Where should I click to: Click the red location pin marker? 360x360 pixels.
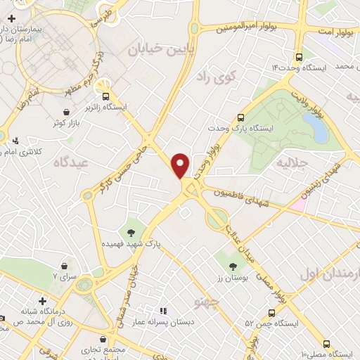[181, 165]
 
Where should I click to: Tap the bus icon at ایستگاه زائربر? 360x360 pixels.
[106, 96]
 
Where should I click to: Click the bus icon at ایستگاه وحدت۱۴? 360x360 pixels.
[299, 56]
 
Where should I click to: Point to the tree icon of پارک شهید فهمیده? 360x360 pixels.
[131, 231]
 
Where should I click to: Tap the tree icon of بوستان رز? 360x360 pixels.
[233, 266]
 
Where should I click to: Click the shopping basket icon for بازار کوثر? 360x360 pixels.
[66, 112]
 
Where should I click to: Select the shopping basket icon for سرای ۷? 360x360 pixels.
[65, 266]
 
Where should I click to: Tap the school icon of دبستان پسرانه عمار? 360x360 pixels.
[162, 311]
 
